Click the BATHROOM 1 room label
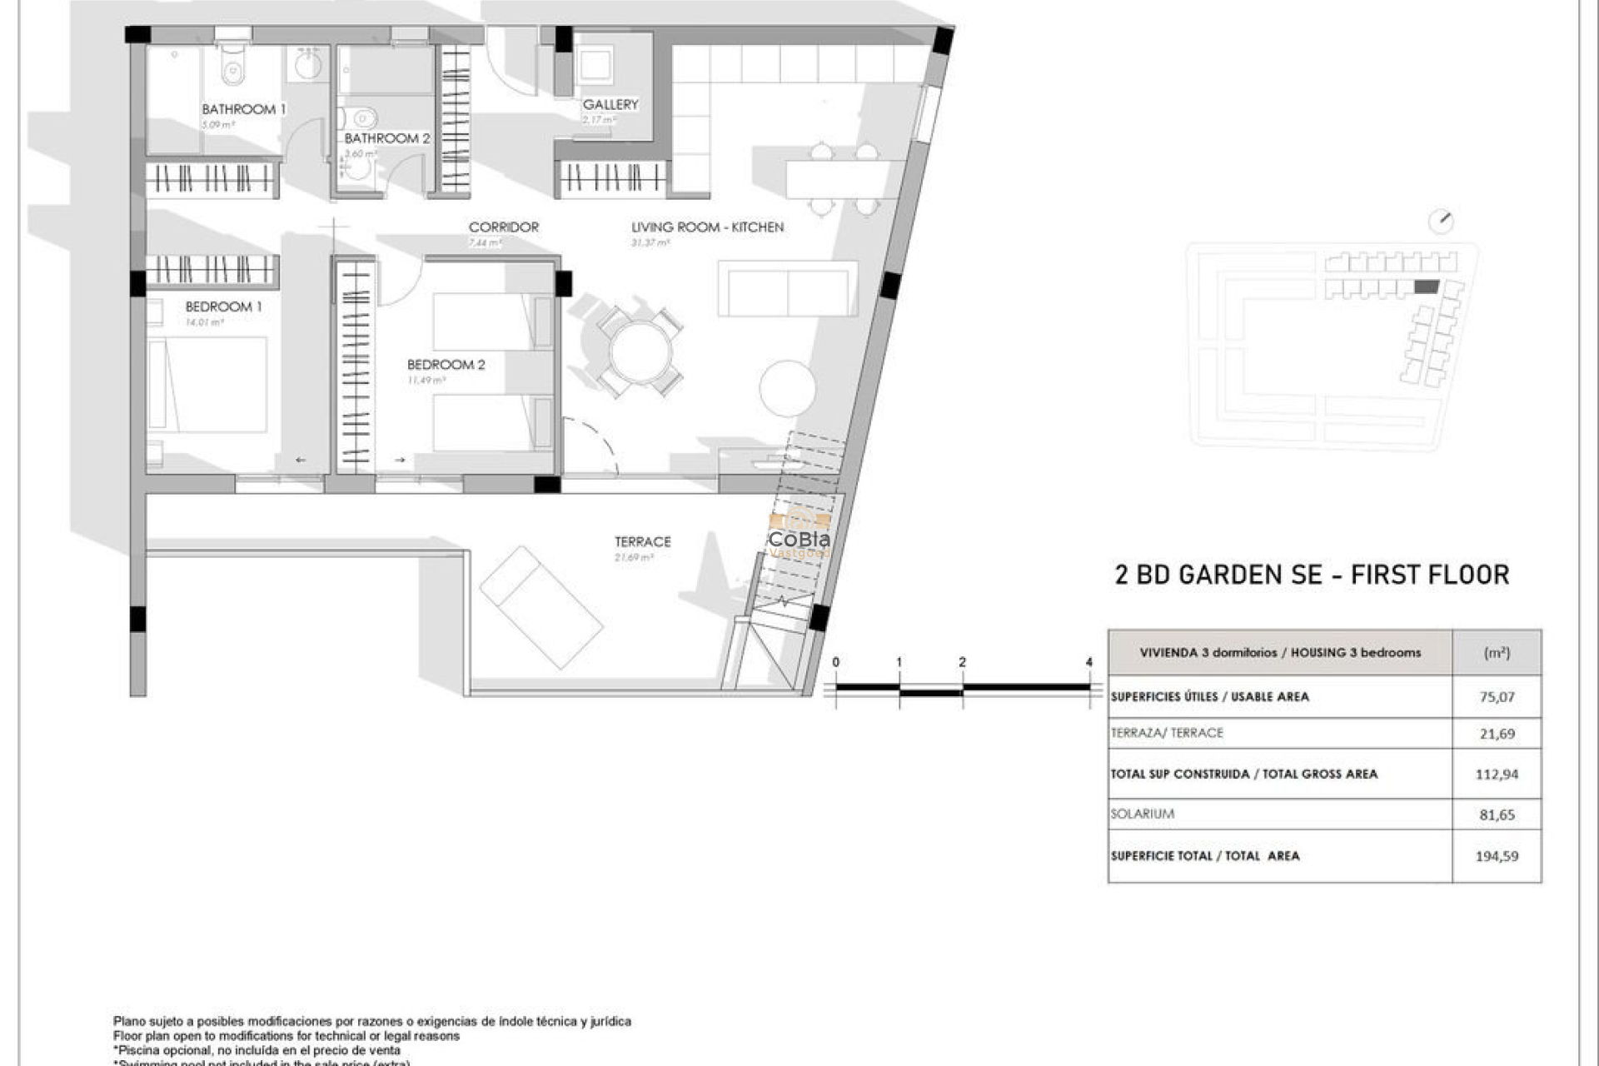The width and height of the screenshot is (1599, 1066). pos(243,109)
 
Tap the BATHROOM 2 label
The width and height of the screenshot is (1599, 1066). pos(387,138)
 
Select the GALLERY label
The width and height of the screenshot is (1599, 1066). pos(610,104)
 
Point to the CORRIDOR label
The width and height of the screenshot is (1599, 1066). pos(503,227)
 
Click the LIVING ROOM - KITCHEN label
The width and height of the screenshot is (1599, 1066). pos(707,227)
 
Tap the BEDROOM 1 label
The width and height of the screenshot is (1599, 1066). pos(223,306)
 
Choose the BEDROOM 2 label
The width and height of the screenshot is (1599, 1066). pos(446,365)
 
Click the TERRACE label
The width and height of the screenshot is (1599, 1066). pos(642,541)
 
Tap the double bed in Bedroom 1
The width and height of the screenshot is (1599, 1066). pos(208,384)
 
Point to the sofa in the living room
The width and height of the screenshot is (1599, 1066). pos(787,289)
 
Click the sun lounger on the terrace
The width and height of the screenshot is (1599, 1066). pos(541,607)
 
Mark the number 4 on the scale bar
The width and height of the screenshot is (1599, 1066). pos(1088,662)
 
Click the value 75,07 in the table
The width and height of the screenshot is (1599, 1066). pos(1497,697)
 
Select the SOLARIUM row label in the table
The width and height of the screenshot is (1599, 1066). pos(1142,814)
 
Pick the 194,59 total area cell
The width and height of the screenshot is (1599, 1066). pos(1497,856)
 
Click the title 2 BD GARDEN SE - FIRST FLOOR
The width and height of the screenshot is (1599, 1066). pos(1312,575)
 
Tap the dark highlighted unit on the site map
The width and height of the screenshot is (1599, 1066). pos(1427,287)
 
